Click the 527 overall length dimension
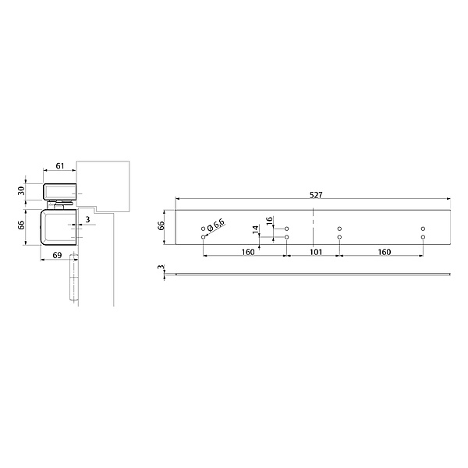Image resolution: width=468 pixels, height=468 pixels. pyautogui.click(x=316, y=195)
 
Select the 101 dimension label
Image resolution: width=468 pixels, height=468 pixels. pyautogui.click(x=315, y=252)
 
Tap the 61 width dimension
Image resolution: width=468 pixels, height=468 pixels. pyautogui.click(x=60, y=166)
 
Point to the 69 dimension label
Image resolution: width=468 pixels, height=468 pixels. pyautogui.click(x=57, y=255)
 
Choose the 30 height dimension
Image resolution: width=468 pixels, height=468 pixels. pyautogui.click(x=21, y=191)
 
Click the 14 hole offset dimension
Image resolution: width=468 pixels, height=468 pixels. pyautogui.click(x=255, y=229)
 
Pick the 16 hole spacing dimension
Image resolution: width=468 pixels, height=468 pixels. pyautogui.click(x=270, y=221)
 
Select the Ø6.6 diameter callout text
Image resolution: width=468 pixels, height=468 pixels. pyautogui.click(x=216, y=225)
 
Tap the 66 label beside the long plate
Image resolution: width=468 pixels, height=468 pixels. pyautogui.click(x=161, y=225)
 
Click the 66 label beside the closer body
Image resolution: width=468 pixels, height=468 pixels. pyautogui.click(x=21, y=225)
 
